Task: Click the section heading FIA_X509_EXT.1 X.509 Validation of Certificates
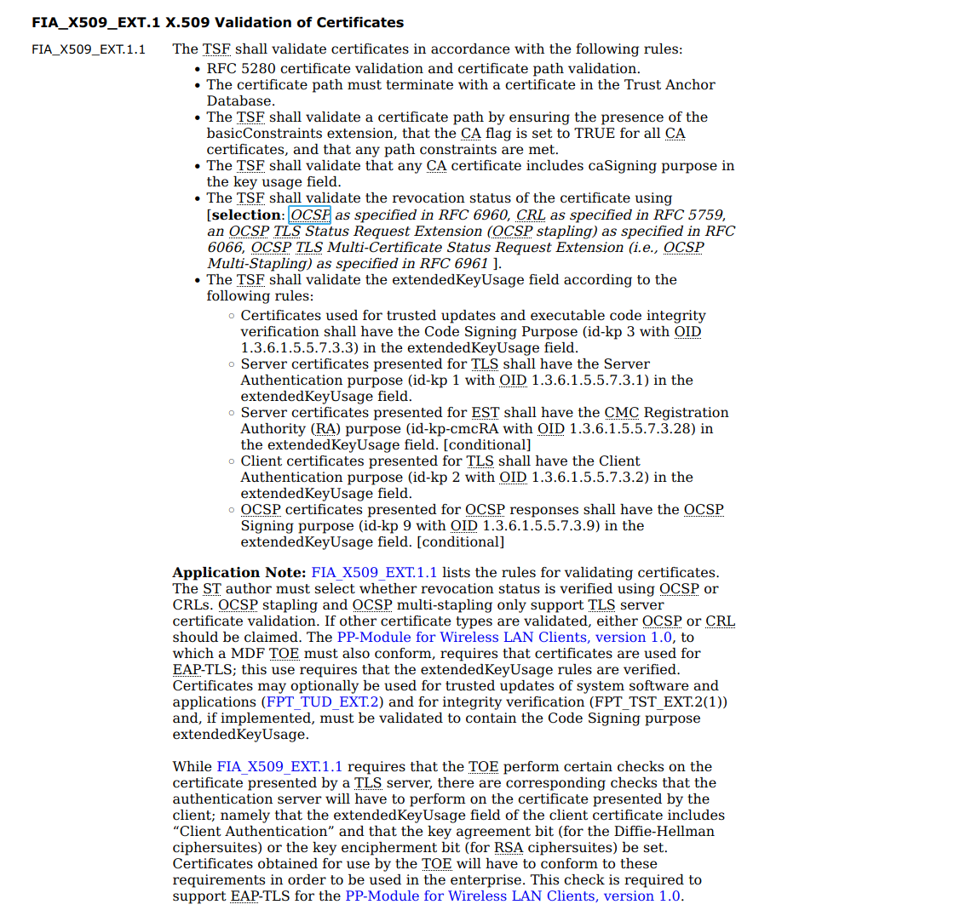click(x=217, y=22)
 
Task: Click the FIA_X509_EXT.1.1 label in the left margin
click(x=89, y=49)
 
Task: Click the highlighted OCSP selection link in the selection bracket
click(x=310, y=215)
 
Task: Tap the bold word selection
click(x=246, y=215)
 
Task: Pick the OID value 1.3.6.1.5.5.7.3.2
click(x=589, y=478)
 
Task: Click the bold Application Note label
click(x=239, y=573)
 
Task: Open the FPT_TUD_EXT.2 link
click(x=324, y=702)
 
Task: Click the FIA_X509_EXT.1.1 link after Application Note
click(x=374, y=573)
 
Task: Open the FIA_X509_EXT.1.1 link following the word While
click(x=279, y=767)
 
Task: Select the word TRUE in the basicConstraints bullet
click(x=595, y=134)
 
